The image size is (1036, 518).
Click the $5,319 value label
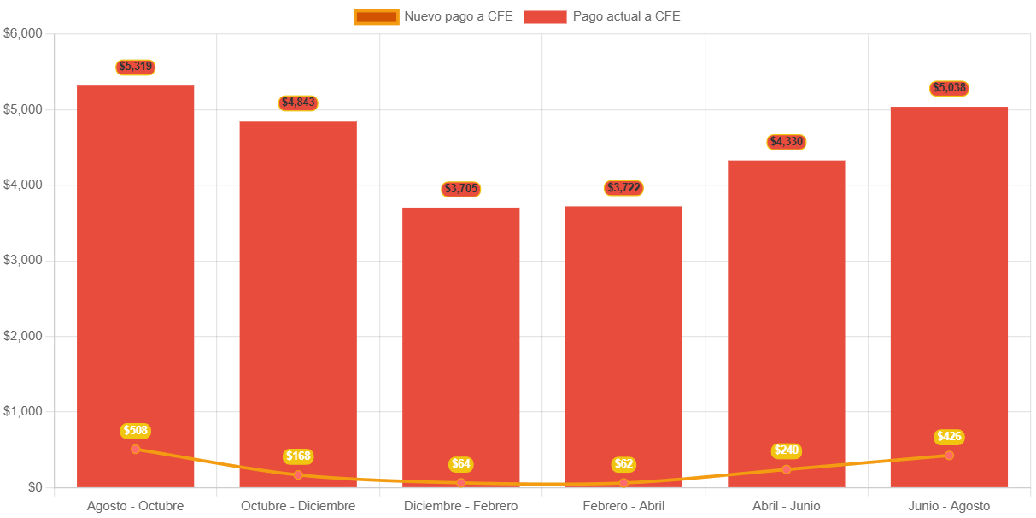point(136,67)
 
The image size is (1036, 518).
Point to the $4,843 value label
point(298,103)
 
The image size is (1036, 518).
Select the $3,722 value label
point(623,187)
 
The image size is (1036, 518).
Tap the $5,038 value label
point(949,88)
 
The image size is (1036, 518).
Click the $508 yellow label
point(136,431)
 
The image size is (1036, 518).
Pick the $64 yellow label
point(461,464)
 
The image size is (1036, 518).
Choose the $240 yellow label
point(787,450)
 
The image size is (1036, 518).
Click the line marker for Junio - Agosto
point(949,455)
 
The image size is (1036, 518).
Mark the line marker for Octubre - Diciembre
point(298,474)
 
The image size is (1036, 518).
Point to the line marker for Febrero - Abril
point(623,483)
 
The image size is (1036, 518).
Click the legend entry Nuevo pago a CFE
point(434,16)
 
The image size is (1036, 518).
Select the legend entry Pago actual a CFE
point(602,16)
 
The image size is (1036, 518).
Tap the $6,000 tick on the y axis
point(23,33)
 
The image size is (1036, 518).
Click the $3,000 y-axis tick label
point(23,260)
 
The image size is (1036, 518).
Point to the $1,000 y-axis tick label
point(23,411)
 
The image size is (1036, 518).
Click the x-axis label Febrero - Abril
point(623,506)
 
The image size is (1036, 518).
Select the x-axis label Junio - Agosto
point(949,506)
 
